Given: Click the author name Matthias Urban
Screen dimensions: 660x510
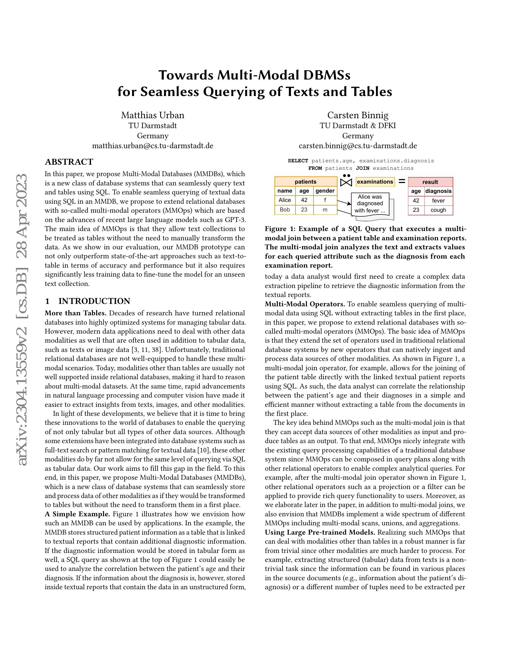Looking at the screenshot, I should coord(153,115).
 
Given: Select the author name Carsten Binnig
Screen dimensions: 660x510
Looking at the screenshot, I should coord(358,115).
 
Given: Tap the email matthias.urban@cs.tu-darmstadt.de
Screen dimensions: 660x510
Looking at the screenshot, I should coord(153,146).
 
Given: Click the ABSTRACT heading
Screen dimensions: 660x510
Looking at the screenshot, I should coord(69,162).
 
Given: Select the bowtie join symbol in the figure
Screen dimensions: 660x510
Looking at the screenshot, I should coord(346,182).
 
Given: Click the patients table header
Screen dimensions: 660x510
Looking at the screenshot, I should coord(305,181).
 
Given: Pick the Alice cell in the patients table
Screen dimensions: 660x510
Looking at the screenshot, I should coord(285,200).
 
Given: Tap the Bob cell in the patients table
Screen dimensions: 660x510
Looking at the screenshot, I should coord(285,210).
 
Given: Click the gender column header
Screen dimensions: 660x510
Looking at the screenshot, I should coord(325,191).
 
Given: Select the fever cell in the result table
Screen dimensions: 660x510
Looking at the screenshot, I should coord(438,201).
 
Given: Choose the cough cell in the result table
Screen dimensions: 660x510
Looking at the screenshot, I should coord(438,210).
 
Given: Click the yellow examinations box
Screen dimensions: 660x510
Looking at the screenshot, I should coord(375,181).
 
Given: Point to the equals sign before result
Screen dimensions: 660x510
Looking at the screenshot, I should coord(401,181).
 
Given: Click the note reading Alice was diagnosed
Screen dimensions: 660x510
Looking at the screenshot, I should coord(370,204).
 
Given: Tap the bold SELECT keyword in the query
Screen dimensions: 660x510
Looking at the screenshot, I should coord(298,161).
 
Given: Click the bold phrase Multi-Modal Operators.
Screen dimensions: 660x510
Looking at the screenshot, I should coord(305,304).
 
